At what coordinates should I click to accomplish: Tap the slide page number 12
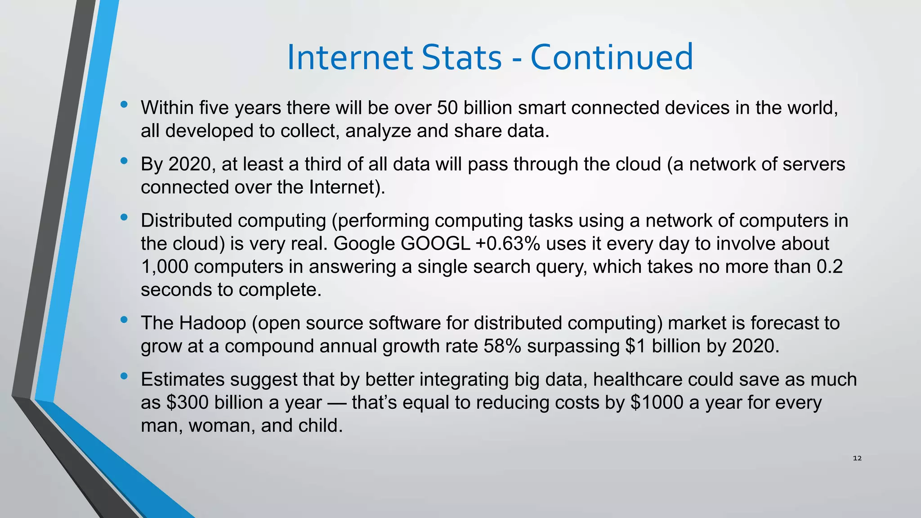(x=857, y=458)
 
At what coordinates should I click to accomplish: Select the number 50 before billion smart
(x=447, y=108)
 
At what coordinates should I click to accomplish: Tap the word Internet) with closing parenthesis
(x=347, y=187)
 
